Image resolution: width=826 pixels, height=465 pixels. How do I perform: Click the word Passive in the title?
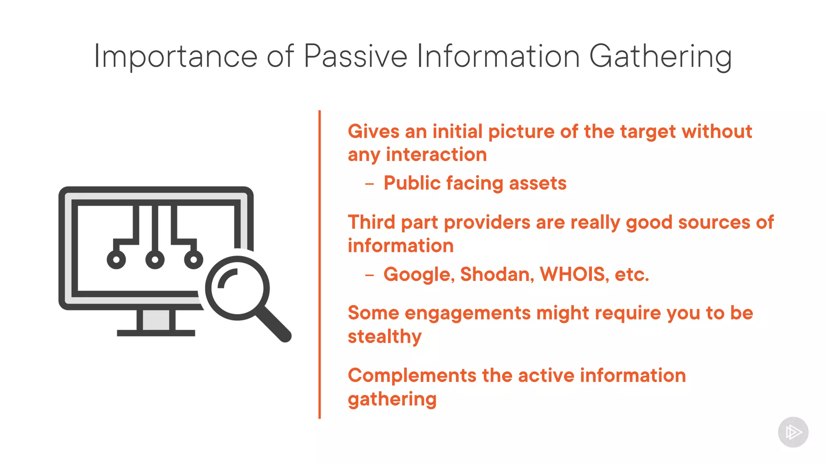355,57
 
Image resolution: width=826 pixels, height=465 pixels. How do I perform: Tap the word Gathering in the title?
660,57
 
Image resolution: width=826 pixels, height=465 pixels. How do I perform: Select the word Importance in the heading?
175,57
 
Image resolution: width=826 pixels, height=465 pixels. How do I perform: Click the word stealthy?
384,337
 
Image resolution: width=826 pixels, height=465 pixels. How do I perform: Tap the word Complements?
412,375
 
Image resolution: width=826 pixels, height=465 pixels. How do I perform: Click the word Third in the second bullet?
371,222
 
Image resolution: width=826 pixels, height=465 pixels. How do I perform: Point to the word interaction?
436,155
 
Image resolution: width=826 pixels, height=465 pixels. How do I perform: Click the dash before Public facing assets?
369,184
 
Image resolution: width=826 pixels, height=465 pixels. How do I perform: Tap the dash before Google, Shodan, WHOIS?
369,276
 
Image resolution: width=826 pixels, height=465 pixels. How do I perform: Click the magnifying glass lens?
237,288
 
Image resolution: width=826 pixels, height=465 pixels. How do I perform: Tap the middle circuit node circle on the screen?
155,260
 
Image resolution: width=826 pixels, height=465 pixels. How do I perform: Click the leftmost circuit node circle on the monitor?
116,260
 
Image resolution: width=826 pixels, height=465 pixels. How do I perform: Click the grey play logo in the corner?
793,432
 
